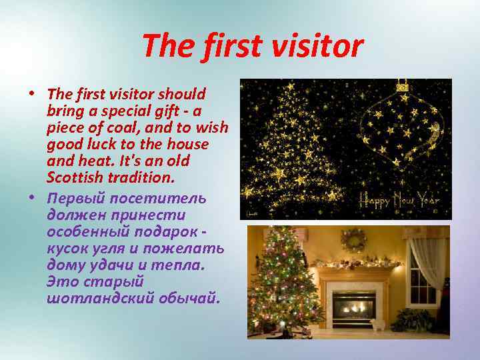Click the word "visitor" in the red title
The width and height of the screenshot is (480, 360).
coord(322,47)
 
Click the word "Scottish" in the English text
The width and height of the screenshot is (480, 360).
coord(75,178)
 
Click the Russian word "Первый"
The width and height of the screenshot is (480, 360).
coord(75,198)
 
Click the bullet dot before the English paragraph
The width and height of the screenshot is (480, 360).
coord(33,93)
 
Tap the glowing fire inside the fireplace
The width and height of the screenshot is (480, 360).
coord(353,308)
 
